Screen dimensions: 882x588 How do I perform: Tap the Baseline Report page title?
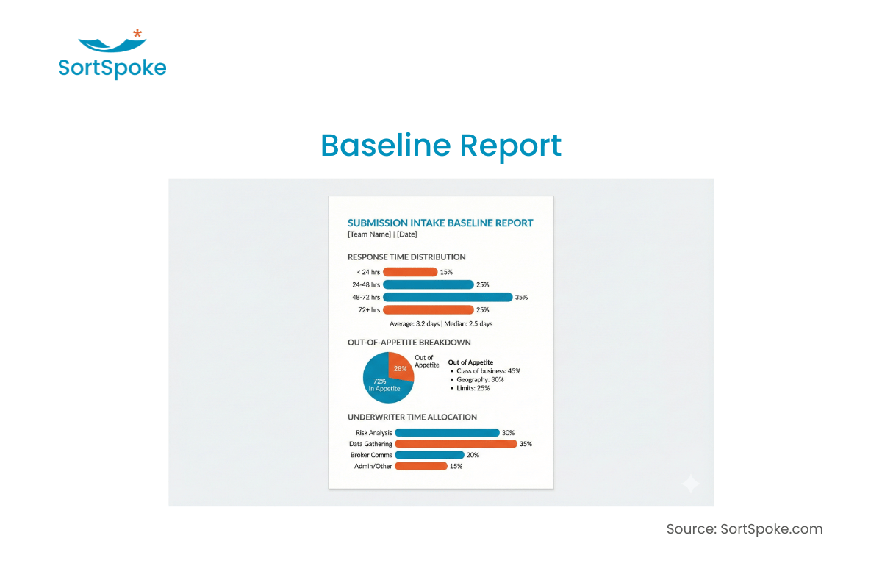(441, 146)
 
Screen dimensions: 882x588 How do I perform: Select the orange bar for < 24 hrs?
(410, 272)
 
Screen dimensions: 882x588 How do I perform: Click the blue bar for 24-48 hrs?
(428, 284)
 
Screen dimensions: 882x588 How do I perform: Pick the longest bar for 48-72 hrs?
(448, 297)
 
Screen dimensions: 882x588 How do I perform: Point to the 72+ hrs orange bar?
(428, 309)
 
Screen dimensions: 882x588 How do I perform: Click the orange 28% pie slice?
(400, 367)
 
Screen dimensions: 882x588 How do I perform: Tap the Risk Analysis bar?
(447, 432)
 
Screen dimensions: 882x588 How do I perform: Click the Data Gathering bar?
(456, 444)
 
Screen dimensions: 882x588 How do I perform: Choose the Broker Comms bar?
(429, 455)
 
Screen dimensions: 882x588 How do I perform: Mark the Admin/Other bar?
(421, 466)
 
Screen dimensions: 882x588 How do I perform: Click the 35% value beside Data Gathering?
(526, 444)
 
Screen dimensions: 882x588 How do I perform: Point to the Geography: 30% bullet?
(477, 379)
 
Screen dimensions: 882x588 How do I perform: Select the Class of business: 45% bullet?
(486, 371)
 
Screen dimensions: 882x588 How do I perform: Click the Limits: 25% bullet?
(470, 388)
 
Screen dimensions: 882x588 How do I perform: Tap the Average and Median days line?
(441, 323)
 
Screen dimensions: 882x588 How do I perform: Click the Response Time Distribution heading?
(406, 257)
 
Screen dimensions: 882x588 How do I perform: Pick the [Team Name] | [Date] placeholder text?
(382, 234)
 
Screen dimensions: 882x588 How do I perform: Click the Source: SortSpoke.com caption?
(745, 529)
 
